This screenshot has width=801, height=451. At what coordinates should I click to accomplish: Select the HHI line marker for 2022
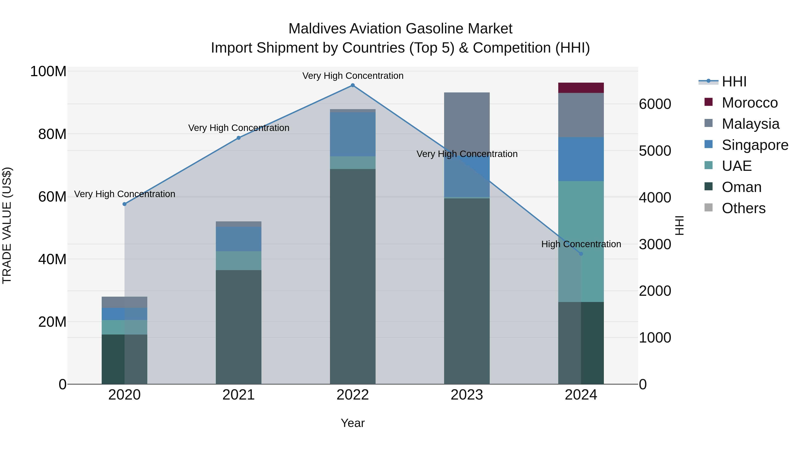(353, 85)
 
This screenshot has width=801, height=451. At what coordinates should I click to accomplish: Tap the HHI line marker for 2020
(124, 204)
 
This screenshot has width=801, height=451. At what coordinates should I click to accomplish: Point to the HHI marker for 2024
(581, 254)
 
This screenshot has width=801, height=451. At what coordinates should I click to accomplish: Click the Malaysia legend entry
(750, 124)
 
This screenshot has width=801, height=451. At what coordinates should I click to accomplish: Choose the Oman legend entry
(741, 187)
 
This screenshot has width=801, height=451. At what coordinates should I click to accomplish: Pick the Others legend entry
(743, 208)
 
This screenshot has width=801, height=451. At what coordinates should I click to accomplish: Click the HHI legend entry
(734, 82)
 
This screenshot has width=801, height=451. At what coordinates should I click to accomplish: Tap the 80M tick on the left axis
(52, 134)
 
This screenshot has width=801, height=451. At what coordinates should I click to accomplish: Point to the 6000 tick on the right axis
(655, 104)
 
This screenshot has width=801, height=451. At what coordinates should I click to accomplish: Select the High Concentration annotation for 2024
(581, 244)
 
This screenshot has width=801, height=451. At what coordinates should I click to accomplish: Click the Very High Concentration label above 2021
(239, 128)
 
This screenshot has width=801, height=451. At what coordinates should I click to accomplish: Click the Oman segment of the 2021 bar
(239, 327)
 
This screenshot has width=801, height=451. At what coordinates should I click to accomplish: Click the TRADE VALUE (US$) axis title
(7, 225)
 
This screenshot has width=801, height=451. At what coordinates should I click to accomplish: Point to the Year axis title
(353, 423)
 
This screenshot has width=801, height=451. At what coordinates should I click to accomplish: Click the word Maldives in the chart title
(317, 29)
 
